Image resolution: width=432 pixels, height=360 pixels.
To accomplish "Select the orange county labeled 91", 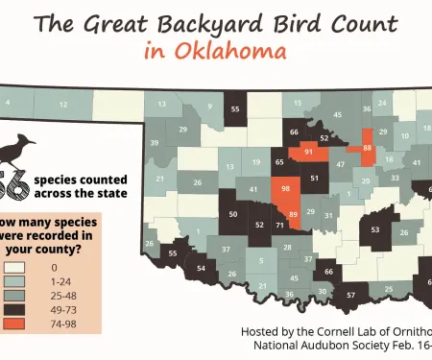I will point(308,153).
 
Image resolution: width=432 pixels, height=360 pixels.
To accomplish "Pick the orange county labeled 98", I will point(286,190).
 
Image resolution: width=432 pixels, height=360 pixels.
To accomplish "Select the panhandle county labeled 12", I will point(63,104).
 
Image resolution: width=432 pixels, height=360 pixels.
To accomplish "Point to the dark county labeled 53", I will point(375,230).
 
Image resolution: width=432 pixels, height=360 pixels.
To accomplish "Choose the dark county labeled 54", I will point(201,269).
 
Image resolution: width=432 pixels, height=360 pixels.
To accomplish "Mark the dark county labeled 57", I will point(351,294).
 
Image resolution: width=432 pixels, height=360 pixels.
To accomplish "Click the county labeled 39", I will point(154,143).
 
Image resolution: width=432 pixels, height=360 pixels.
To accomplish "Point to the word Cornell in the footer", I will point(362,330).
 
